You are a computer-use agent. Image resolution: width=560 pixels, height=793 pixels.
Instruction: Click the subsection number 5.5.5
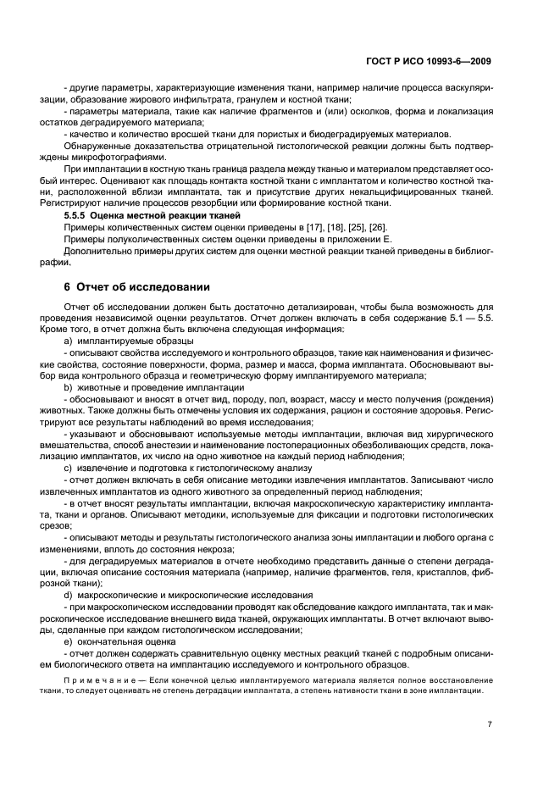(78, 216)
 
